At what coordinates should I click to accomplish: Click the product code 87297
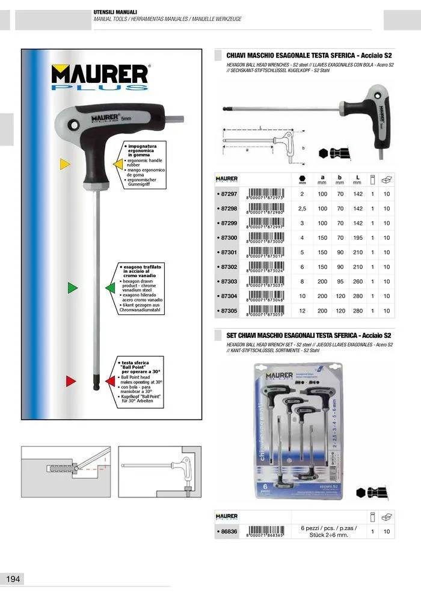228,194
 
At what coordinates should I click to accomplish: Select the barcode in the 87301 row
265,252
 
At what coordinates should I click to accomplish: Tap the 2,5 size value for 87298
302,209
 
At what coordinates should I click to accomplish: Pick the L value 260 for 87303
358,281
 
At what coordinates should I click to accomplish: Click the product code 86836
228,531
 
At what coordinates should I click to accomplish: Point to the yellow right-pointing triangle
65,163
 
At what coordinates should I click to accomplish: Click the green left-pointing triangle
109,288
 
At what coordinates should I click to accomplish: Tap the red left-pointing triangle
109,380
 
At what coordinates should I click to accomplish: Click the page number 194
13,579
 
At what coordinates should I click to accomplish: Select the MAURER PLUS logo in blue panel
100,76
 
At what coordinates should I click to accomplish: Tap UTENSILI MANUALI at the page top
115,12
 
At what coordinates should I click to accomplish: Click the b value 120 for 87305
340,311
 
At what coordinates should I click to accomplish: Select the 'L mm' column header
358,179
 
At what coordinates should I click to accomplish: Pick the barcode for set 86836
265,532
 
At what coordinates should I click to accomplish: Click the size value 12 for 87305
302,311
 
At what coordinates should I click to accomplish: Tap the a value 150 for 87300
323,238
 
